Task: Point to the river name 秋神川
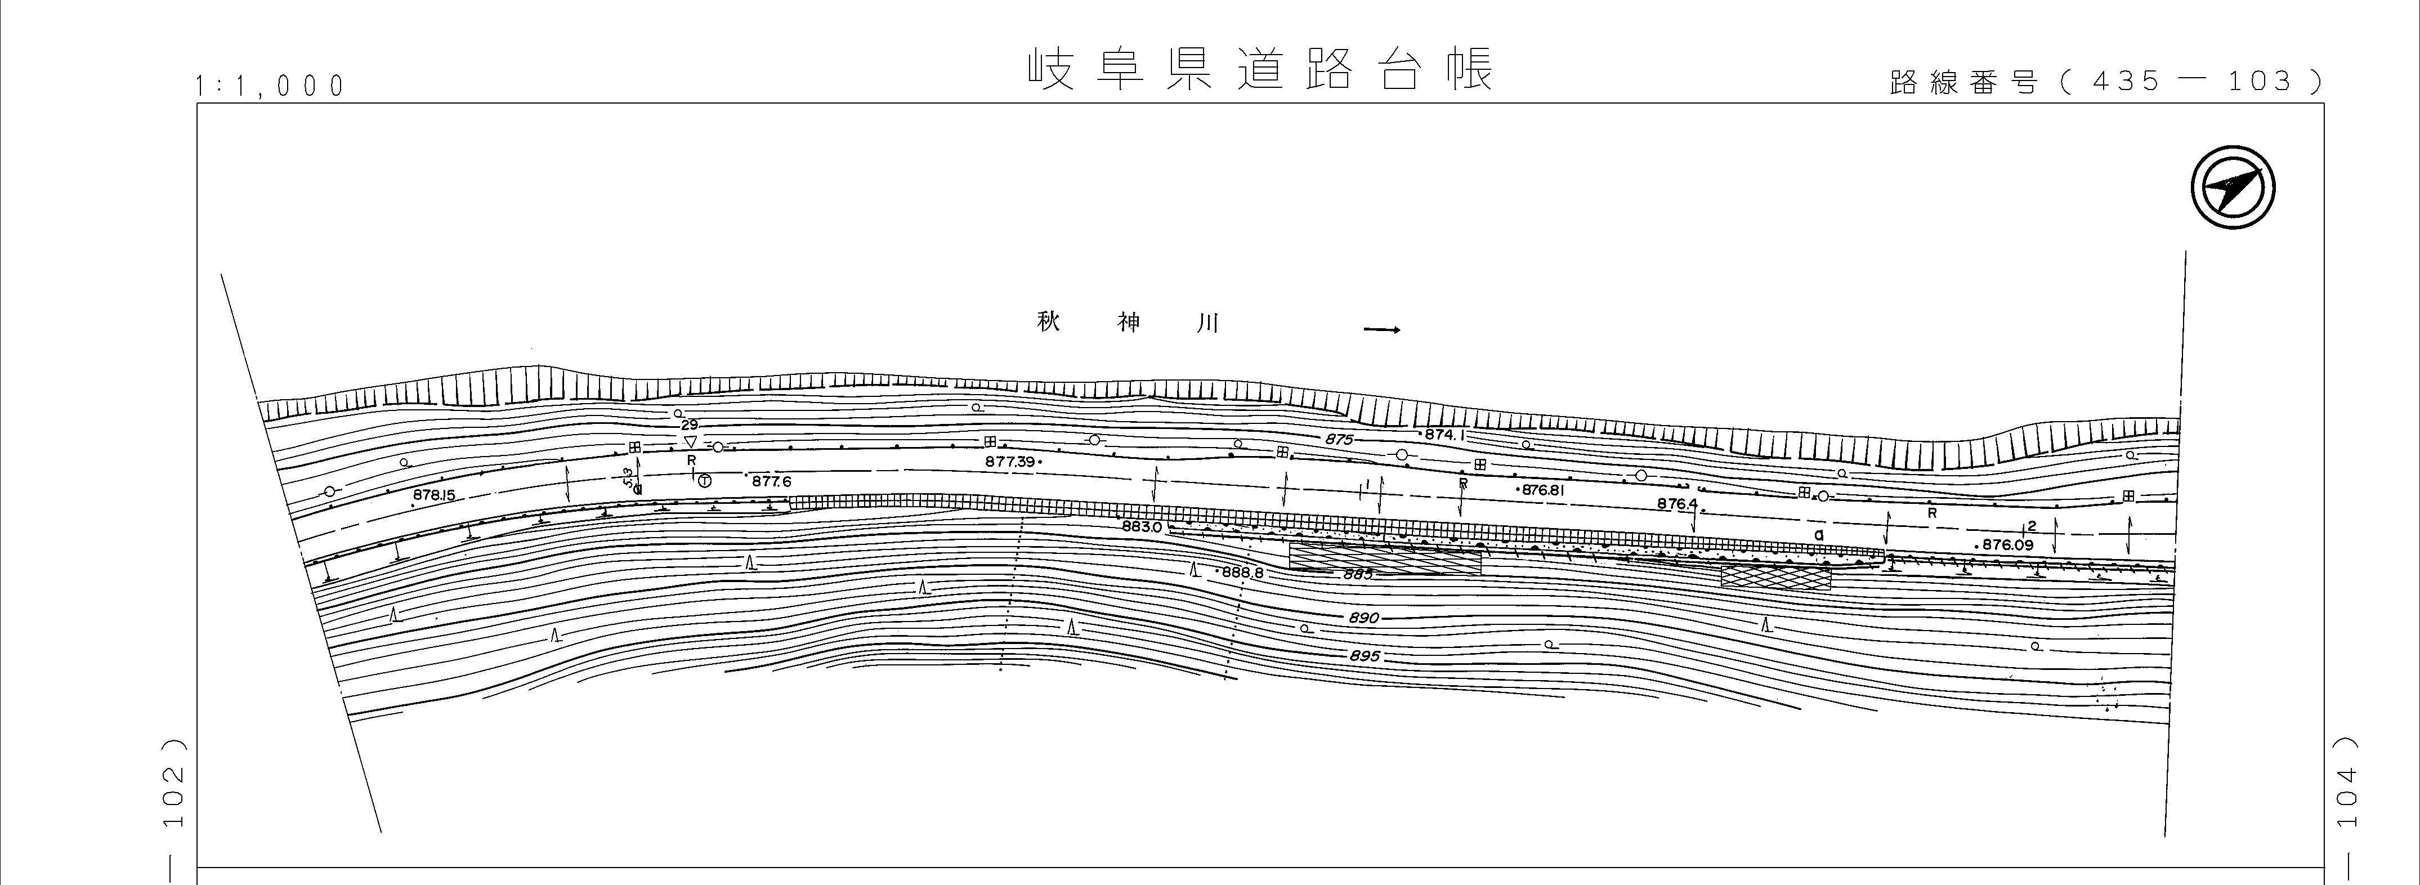tap(1128, 322)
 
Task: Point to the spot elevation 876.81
tap(1541, 489)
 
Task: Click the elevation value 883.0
tap(1142, 527)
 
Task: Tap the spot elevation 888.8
tap(1242, 571)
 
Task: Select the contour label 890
tap(1363, 618)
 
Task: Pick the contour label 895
tap(1364, 656)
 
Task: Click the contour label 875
tap(1339, 440)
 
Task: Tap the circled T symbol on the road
tap(705, 480)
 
